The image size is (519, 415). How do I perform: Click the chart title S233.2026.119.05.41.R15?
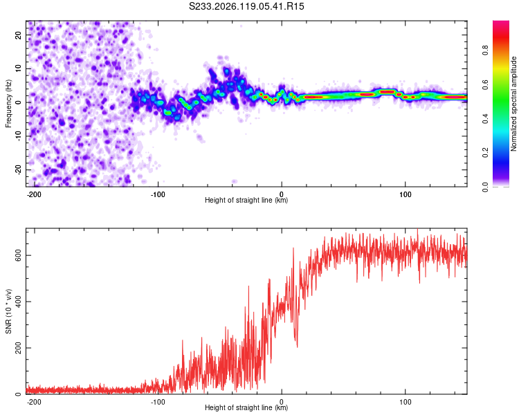coord(246,6)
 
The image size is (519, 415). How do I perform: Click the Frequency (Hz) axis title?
coord(8,104)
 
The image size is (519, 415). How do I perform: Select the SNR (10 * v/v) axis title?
coord(8,311)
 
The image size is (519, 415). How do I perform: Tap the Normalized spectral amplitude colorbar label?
coord(513,104)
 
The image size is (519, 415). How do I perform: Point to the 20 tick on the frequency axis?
coord(18,35)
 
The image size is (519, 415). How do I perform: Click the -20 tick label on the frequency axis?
coord(18,169)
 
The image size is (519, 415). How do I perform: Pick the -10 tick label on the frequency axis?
coord(18,136)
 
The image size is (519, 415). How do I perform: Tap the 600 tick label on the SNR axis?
coord(18,255)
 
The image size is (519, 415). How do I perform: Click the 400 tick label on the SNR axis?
coord(18,302)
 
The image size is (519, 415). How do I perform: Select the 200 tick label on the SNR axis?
coord(18,348)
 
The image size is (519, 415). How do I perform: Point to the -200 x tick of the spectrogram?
coord(34,194)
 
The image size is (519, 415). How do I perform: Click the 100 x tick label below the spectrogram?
coord(405,194)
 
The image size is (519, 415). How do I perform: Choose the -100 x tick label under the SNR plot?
coord(158,402)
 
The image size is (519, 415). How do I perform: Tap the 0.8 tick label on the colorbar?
coord(485,50)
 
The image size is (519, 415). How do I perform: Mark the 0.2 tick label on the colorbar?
coord(485,153)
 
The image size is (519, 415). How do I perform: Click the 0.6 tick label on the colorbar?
coord(485,84)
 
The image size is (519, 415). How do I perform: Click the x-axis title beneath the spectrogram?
coord(246,200)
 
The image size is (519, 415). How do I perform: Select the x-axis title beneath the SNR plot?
coord(246,407)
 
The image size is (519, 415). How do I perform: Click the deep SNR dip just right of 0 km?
coord(297,346)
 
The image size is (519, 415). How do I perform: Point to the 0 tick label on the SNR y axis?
coord(18,394)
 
